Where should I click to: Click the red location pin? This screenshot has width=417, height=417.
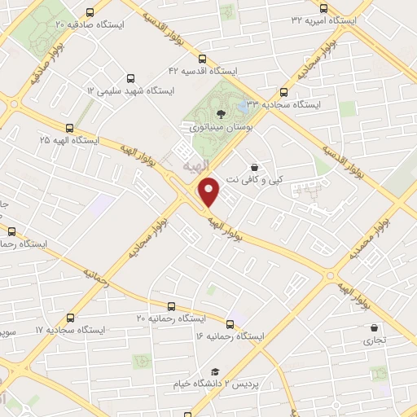(209, 192)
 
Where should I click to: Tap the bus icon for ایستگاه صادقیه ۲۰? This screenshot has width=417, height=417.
(89, 12)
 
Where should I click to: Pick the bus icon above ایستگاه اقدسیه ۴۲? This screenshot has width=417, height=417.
(202, 58)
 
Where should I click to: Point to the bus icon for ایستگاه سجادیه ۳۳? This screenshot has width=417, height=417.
(283, 92)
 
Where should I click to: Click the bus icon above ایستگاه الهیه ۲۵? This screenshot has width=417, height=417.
(69, 128)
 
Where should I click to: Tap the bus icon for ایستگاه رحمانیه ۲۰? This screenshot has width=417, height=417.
(171, 306)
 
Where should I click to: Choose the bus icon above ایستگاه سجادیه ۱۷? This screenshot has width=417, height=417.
(70, 318)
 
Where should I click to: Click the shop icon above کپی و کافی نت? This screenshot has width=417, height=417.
(255, 166)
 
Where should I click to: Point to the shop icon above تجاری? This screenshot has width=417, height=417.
(374, 327)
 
